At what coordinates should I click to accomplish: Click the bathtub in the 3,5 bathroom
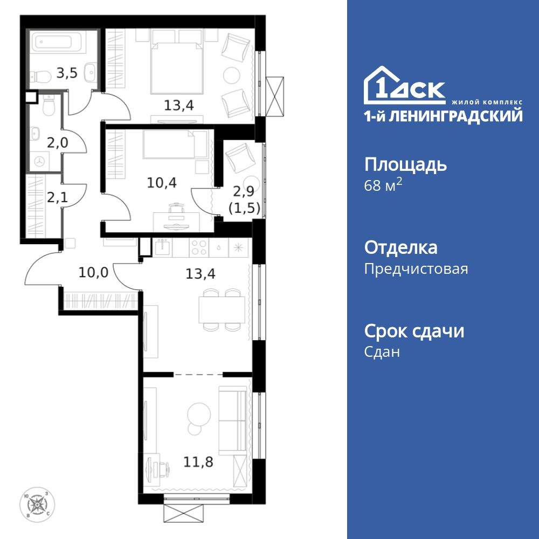(x=56, y=42)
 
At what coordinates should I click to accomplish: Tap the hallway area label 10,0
(x=93, y=272)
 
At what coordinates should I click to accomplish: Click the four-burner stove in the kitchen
(x=199, y=247)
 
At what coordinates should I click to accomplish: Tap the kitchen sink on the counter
(x=162, y=247)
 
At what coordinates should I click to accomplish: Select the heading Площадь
(x=405, y=164)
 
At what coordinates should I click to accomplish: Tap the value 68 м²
(x=383, y=186)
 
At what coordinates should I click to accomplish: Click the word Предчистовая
(x=416, y=269)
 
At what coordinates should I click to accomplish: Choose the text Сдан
(x=382, y=352)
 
